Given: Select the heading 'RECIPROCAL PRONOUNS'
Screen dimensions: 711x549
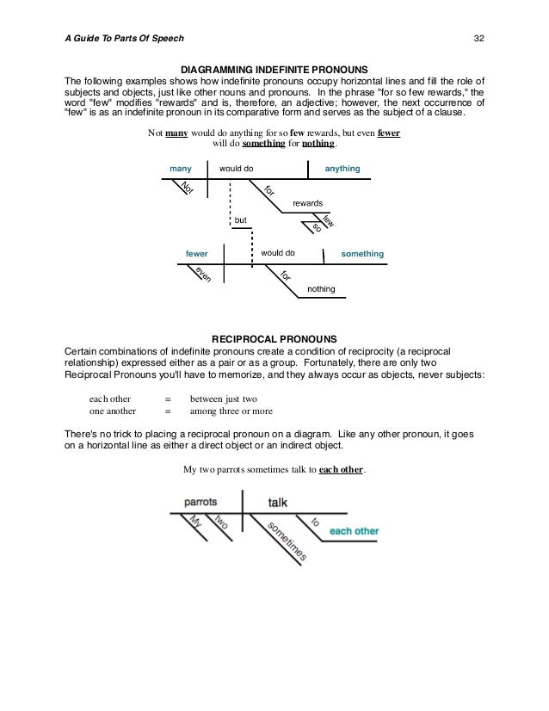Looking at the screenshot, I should pyautogui.click(x=273, y=337).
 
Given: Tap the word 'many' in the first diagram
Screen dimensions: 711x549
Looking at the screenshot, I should pyautogui.click(x=181, y=167).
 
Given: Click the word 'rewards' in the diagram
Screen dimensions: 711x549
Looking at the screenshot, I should pyautogui.click(x=308, y=203).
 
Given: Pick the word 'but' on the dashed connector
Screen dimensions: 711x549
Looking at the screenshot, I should pyautogui.click(x=241, y=221).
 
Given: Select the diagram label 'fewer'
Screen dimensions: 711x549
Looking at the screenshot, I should pyautogui.click(x=197, y=254).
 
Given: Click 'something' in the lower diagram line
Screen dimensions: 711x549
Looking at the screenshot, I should pyautogui.click(x=361, y=254).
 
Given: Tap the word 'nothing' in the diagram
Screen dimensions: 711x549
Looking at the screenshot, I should pyautogui.click(x=321, y=288).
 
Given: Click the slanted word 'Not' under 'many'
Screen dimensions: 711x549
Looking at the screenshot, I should pyautogui.click(x=185, y=189).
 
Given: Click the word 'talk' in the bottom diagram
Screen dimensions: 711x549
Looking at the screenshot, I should pyautogui.click(x=277, y=501).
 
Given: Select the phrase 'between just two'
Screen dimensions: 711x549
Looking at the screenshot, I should pyautogui.click(x=224, y=399).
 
